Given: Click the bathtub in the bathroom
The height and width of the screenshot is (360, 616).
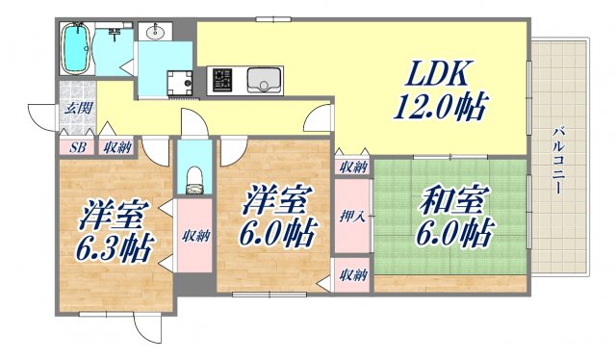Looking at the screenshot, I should [x=75, y=49].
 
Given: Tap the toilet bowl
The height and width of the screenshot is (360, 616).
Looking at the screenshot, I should [x=193, y=175].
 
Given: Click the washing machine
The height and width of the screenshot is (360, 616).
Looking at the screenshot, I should [x=178, y=84].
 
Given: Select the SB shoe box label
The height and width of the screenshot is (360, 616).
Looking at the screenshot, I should [x=78, y=147].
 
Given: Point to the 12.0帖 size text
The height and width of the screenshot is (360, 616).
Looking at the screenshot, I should [x=441, y=103].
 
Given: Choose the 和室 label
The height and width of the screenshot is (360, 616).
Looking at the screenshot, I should [x=449, y=201].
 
